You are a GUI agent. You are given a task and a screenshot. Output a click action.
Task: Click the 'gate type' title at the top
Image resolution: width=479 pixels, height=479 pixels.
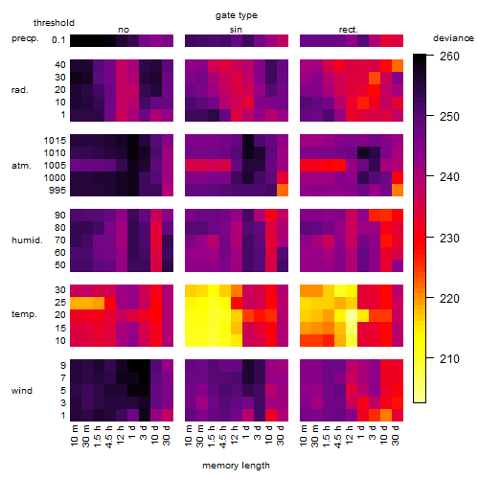click(x=237, y=15)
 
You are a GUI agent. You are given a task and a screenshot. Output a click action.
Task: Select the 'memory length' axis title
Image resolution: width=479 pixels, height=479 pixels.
click(x=236, y=466)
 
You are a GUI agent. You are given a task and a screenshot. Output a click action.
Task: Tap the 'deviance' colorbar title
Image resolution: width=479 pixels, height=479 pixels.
click(x=453, y=38)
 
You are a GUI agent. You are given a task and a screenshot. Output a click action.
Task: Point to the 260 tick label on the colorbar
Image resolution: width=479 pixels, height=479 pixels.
click(x=449, y=57)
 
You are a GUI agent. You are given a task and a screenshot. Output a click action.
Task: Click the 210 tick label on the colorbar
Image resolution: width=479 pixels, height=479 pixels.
click(x=449, y=359)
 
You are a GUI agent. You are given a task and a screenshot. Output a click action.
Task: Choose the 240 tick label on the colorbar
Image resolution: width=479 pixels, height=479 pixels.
click(x=449, y=177)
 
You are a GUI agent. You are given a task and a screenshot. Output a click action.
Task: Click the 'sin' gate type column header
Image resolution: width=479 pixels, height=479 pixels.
click(x=236, y=30)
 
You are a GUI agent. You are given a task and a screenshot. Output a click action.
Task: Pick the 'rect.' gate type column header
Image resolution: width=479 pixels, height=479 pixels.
click(x=348, y=30)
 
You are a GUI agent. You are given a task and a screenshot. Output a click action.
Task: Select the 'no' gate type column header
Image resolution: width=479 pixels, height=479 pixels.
click(x=124, y=30)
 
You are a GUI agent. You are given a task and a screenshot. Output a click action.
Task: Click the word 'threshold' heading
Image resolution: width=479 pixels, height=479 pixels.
click(x=54, y=23)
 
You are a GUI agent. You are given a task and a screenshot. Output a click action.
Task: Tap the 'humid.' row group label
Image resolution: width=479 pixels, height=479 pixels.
click(x=27, y=240)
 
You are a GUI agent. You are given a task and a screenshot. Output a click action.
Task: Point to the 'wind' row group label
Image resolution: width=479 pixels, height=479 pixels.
click(x=22, y=391)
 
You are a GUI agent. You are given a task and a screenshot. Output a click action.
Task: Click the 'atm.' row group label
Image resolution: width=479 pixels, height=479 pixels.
click(x=21, y=166)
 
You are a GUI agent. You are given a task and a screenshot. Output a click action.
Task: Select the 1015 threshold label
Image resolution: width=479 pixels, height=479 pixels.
click(x=55, y=141)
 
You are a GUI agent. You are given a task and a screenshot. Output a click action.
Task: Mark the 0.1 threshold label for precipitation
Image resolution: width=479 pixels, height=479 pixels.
click(x=58, y=40)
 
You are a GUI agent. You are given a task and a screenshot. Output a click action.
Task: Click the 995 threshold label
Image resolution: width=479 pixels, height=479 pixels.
click(x=57, y=191)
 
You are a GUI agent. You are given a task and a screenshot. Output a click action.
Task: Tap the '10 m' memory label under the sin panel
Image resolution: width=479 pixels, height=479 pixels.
click(x=189, y=435)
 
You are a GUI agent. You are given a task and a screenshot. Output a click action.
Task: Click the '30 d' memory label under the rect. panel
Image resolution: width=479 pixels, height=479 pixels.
click(x=396, y=435)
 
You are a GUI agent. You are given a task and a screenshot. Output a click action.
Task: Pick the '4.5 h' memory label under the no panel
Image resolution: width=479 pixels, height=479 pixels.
click(x=108, y=437)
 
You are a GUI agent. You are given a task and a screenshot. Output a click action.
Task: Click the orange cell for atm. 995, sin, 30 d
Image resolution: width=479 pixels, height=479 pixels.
click(x=283, y=190)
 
